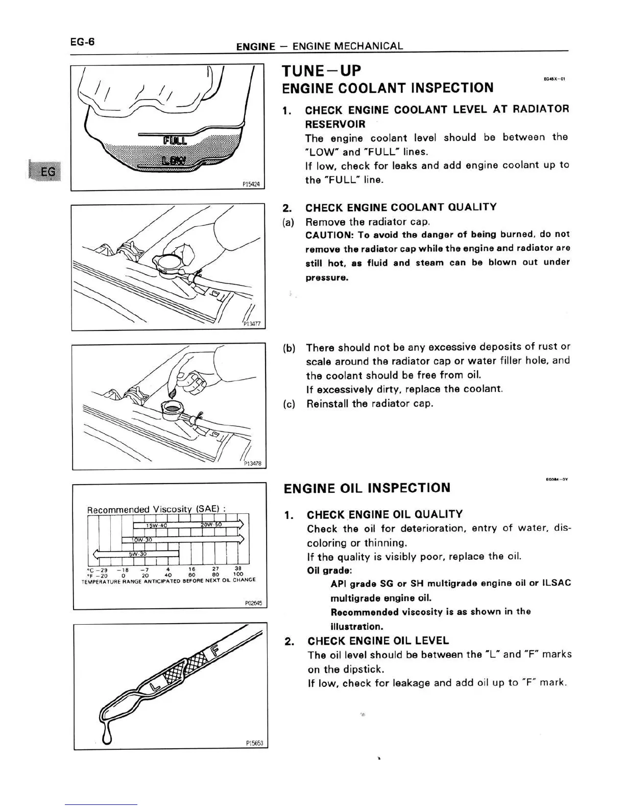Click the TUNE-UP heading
tap(322, 70)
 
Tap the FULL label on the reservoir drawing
tap(175, 140)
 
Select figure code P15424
tap(252, 185)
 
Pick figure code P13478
tap(253, 463)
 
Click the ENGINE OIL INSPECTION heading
tap(367, 488)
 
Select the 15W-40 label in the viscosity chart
tap(154, 526)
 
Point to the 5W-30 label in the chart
tap(137, 554)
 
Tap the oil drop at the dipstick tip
tap(106, 736)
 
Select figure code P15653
tap(254, 743)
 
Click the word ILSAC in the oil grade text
tap(557, 583)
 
